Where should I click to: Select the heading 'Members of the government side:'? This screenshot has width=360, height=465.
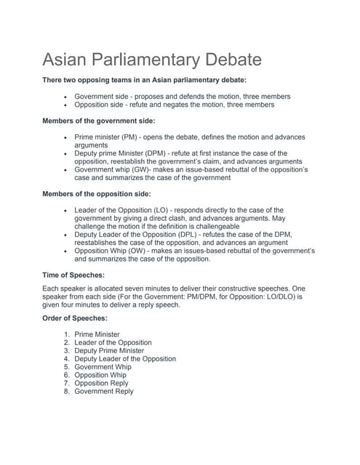pos(98,121)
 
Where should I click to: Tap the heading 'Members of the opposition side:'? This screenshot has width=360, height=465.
pos(97,194)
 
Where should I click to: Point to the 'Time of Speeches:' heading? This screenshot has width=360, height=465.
pos(73,275)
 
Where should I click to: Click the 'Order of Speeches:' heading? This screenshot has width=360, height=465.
pos(76,318)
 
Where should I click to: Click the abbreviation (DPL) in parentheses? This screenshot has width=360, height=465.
pos(209,235)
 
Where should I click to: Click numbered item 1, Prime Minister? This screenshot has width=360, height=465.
pos(97,334)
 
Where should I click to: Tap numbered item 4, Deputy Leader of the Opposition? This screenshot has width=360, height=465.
pos(125,358)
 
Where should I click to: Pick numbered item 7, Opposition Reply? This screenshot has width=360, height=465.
pos(101,383)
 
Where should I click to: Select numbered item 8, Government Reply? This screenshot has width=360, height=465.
pos(104,391)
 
